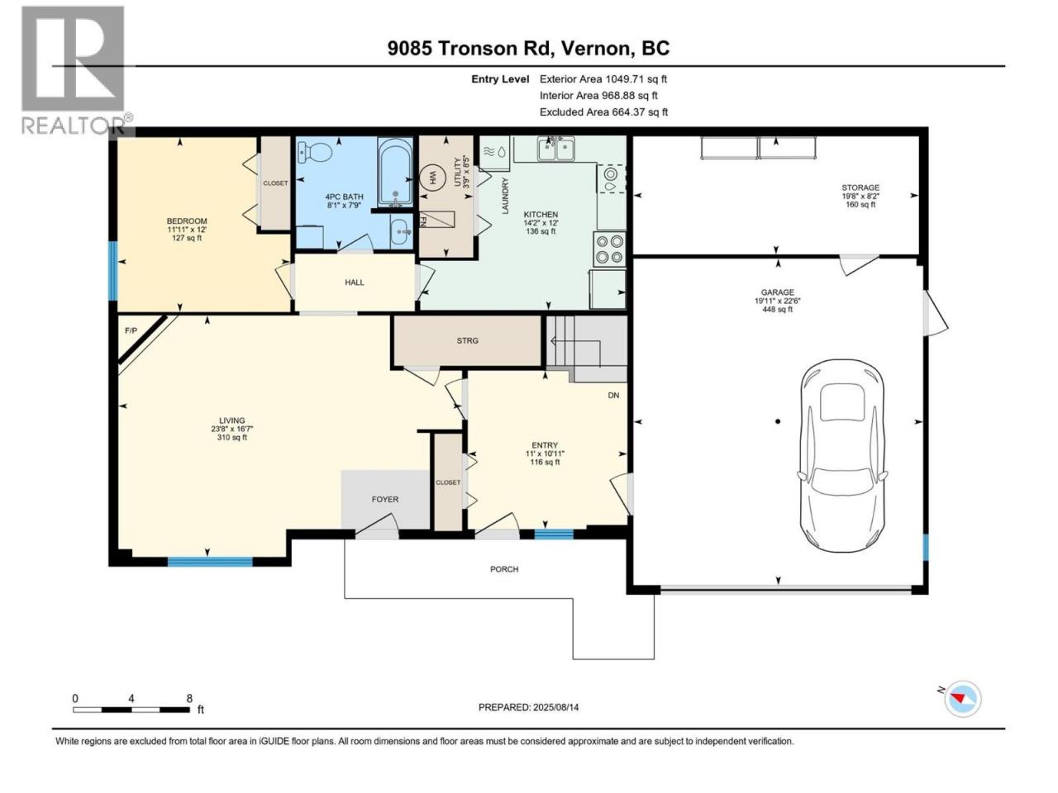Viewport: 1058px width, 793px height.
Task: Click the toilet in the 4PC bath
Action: pos(314,153)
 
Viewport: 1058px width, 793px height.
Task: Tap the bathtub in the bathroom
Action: pos(395,172)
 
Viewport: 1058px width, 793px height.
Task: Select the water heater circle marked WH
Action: pos(431,178)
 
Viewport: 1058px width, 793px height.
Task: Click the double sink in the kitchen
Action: pos(555,149)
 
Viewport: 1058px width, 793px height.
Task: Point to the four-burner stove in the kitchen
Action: pos(609,249)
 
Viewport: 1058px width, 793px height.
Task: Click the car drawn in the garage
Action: pos(841,455)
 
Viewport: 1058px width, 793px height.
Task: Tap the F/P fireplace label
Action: pos(131,330)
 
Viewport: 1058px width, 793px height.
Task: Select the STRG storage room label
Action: pos(467,341)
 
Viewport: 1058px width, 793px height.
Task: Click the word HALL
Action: pos(355,283)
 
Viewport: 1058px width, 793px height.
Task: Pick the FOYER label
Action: pos(384,500)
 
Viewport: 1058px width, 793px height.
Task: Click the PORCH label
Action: pos(504,569)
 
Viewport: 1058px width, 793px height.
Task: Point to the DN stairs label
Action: pos(613,396)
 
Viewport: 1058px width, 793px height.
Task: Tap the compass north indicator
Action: pos(962,699)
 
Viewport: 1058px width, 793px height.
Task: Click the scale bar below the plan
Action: pos(131,710)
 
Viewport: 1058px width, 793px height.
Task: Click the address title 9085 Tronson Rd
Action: pos(468,48)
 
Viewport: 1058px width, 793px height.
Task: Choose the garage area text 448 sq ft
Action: pos(777,310)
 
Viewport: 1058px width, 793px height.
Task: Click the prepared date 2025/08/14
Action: pos(555,707)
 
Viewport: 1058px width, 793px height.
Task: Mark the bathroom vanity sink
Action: pos(401,232)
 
